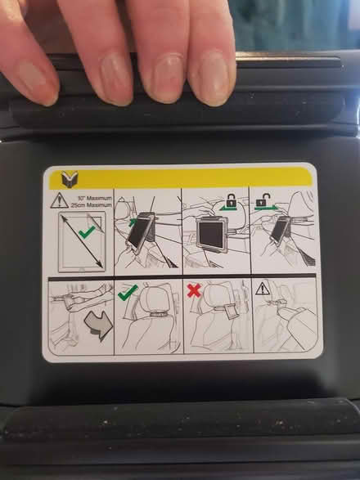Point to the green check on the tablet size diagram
[84, 233]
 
